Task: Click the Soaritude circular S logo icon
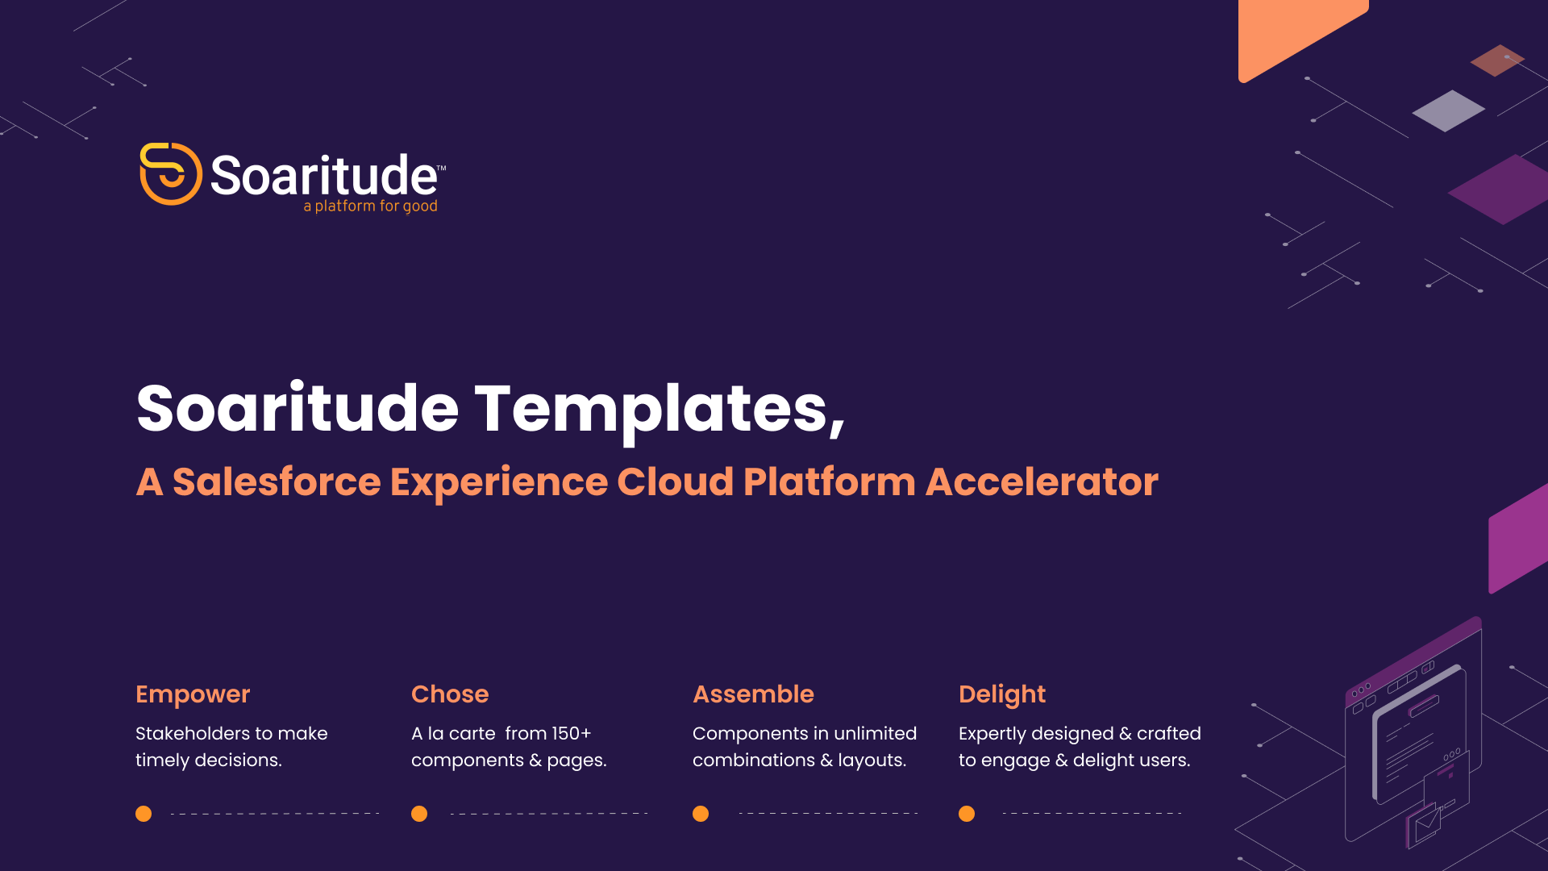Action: tap(170, 173)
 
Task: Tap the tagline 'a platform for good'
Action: tap(370, 206)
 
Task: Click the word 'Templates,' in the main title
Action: tap(660, 410)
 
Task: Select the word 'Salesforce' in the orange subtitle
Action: tap(277, 482)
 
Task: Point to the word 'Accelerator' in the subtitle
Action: tap(1042, 482)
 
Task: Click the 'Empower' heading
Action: tap(193, 694)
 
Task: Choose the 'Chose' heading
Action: tap(450, 694)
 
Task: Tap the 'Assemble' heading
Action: tap(753, 694)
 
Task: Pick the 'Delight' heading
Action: tap(1002, 694)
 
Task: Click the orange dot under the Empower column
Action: tap(144, 814)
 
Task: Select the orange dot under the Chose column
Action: tap(419, 814)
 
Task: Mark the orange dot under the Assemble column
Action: tap(701, 814)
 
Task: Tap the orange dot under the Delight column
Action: tap(967, 814)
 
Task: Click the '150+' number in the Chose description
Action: tap(572, 734)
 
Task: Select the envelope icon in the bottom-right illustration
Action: tap(1426, 823)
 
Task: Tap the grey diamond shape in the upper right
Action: tap(1449, 110)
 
